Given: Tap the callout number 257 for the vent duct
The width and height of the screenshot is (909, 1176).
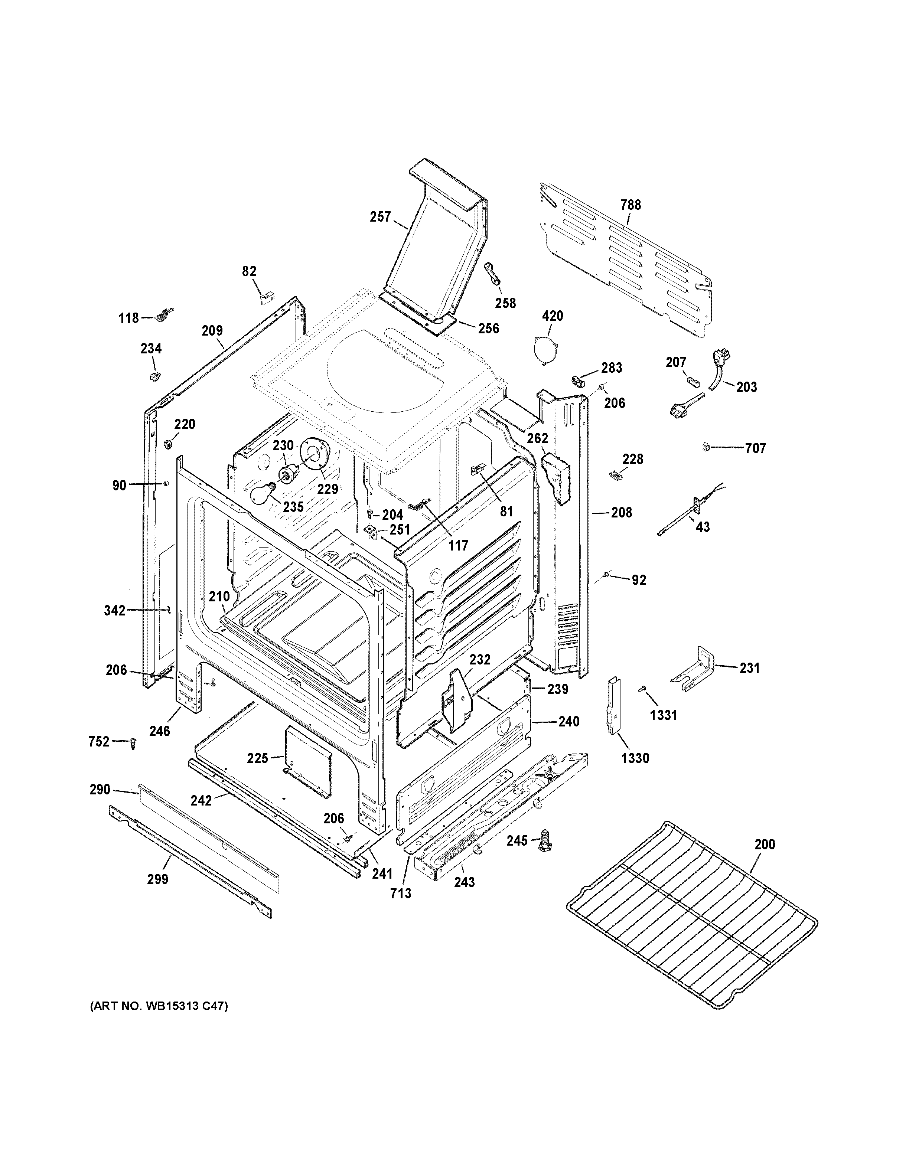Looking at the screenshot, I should click(380, 217).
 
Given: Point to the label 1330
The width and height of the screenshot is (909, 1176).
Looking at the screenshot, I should click(635, 758).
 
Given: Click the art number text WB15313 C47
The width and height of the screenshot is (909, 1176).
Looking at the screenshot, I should click(159, 1006).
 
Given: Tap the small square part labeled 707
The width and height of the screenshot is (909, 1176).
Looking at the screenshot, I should click(706, 447).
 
